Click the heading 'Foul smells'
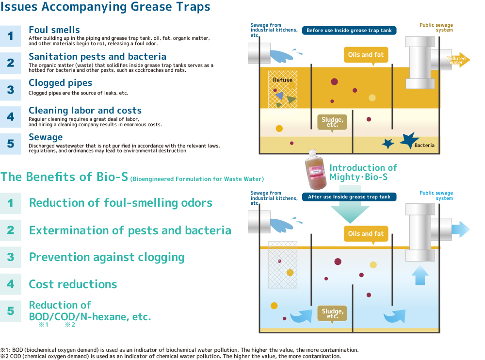(x=54, y=30)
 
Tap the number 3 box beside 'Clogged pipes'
(x=11, y=90)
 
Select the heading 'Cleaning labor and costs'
(x=85, y=111)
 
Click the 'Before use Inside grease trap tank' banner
(x=349, y=31)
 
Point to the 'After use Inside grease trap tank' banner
(x=349, y=197)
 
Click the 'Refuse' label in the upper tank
(x=282, y=80)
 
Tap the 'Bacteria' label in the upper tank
(x=424, y=145)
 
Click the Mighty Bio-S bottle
(x=316, y=170)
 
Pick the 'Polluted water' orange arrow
(x=458, y=60)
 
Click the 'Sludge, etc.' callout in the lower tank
(x=332, y=313)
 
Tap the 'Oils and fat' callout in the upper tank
(x=366, y=55)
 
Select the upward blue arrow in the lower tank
(x=420, y=275)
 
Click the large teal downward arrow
(x=350, y=204)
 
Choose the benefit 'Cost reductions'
(x=73, y=284)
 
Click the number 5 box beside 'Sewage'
(x=11, y=144)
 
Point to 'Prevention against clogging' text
(x=107, y=257)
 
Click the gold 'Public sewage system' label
(x=436, y=28)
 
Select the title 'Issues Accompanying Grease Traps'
(x=105, y=6)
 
